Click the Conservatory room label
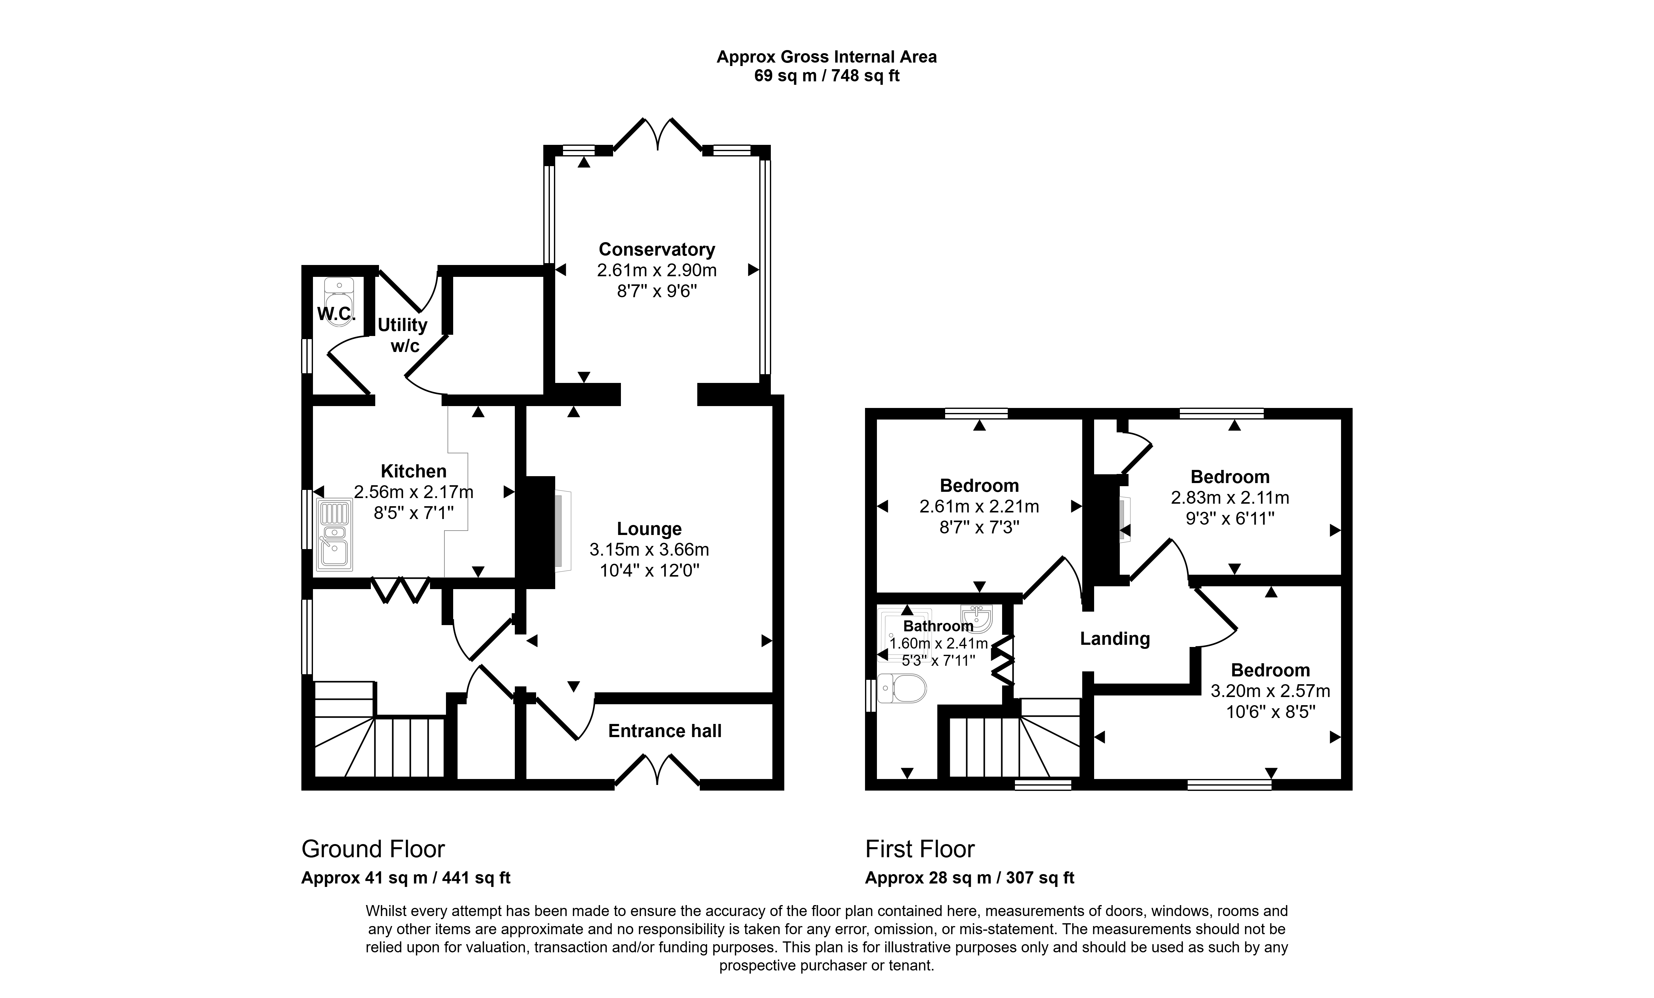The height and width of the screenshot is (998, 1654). point(657,250)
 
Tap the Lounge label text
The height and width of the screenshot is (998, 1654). point(649,529)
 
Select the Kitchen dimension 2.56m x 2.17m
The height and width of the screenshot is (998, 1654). point(413,492)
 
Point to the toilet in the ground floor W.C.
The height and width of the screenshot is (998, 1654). point(339,302)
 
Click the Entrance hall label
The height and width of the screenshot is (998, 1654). point(664,731)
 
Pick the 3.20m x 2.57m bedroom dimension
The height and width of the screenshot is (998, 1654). point(1270,690)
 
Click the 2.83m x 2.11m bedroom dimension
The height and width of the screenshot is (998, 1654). point(1230,497)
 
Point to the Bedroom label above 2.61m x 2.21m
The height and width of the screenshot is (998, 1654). point(979,485)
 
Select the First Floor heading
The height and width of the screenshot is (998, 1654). point(919,849)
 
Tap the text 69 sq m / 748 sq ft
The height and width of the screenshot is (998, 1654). point(826,76)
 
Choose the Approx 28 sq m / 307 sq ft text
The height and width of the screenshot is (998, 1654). point(969,878)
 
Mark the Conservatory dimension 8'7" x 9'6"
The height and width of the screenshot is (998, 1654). point(657,291)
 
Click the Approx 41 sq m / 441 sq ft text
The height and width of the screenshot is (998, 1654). point(406,878)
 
